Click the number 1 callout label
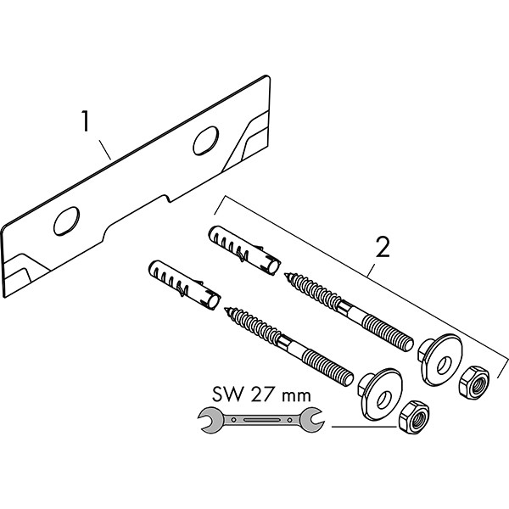pos(87,122)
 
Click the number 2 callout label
pos(383,248)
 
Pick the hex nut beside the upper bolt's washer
pos(470,383)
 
